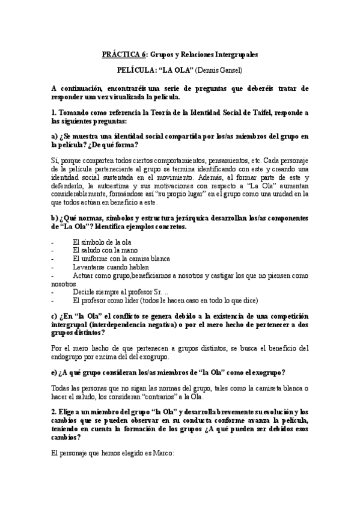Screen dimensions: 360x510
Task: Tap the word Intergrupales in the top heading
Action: click(x=234, y=54)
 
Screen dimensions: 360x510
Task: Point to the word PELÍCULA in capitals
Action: click(x=138, y=70)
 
